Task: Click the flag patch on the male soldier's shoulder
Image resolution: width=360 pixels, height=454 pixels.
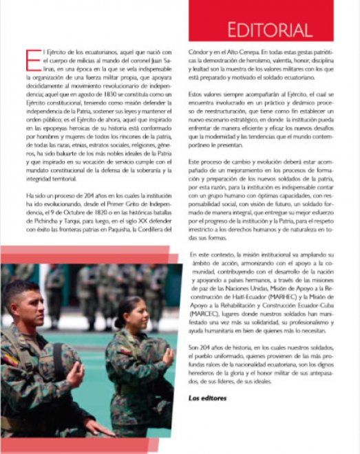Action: tap(9, 358)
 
